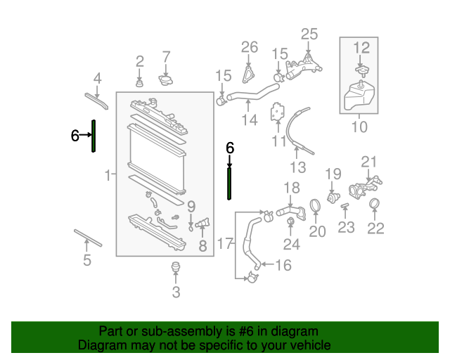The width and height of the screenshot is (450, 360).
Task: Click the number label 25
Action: (x=309, y=33)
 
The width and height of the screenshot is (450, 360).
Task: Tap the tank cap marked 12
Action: (x=361, y=70)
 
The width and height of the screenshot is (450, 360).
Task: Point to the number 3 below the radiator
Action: (x=176, y=292)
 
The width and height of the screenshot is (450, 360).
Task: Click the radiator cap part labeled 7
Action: (x=166, y=81)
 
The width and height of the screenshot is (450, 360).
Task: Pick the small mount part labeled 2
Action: (x=139, y=84)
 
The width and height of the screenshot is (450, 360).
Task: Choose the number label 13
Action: (x=299, y=167)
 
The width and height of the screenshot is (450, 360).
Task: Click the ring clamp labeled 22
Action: (x=375, y=205)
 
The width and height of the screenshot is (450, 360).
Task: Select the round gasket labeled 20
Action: (x=316, y=205)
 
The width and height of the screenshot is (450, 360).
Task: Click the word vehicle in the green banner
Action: (x=306, y=345)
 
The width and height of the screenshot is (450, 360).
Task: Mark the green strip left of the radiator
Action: (x=94, y=136)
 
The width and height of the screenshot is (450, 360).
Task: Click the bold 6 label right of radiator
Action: (x=229, y=148)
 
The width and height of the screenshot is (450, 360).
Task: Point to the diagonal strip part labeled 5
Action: (x=88, y=238)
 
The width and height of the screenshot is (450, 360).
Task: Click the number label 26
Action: (x=250, y=47)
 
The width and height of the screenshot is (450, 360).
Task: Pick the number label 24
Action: (x=291, y=244)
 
